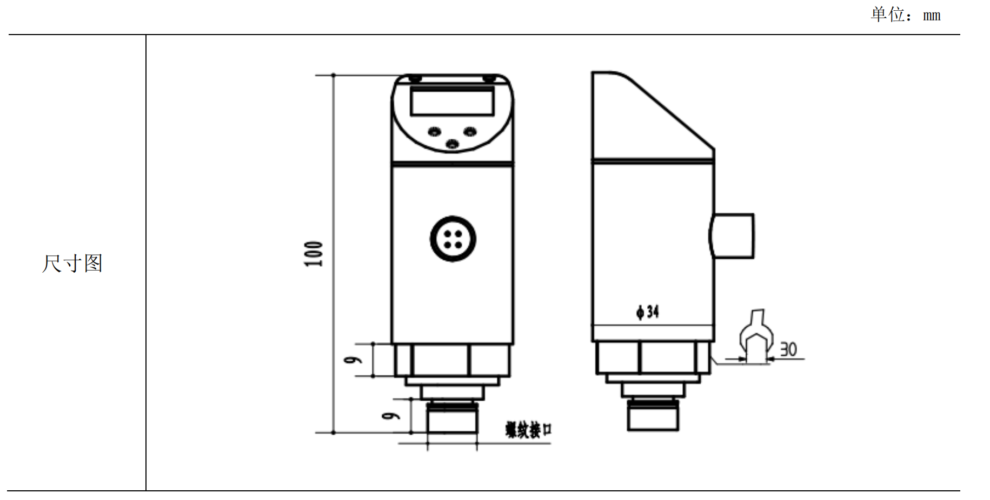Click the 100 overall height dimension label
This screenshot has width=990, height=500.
[x=314, y=254]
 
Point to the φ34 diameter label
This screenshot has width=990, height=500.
[x=647, y=312]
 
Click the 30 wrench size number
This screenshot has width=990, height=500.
[x=788, y=349]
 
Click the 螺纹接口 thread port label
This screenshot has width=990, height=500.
[x=529, y=430]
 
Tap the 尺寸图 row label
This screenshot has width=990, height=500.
[x=72, y=263]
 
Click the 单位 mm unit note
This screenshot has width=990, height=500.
[x=906, y=15]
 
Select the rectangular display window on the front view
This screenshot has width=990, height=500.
[x=452, y=102]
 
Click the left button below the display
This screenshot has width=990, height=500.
[x=434, y=131]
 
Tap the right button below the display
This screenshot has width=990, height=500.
[x=470, y=131]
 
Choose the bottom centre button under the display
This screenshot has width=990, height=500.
[x=452, y=144]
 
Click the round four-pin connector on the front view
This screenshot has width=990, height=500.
[x=453, y=239]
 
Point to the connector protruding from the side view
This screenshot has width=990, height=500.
[x=732, y=236]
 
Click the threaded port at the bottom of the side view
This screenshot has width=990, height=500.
[x=653, y=415]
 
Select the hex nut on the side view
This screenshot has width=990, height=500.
[x=653, y=357]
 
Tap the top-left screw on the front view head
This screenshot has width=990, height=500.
[x=415, y=79]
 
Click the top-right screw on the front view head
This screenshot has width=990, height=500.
[x=489, y=79]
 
